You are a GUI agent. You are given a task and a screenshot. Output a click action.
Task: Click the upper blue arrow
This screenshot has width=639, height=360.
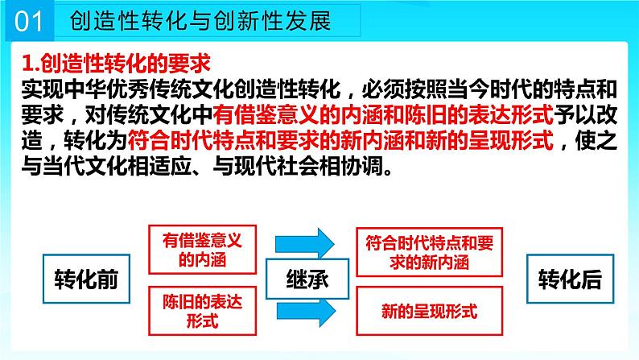coord(303,242)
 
